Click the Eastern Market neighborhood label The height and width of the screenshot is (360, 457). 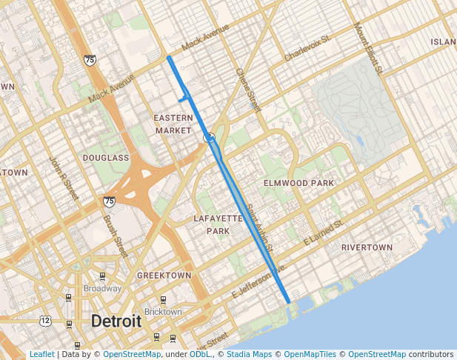[173, 124]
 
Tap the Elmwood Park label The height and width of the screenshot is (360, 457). [298, 182]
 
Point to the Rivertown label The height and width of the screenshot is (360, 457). [367, 247]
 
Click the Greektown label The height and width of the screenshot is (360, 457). [164, 275]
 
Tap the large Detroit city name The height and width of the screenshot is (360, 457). [116, 321]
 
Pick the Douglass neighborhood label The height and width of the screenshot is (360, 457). [106, 158]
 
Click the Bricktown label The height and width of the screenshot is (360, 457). [162, 312]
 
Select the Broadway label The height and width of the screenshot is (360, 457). [102, 288]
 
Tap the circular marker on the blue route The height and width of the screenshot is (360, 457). [210, 137]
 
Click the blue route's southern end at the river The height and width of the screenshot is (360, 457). [288, 301]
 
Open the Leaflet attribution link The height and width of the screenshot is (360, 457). [41, 355]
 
